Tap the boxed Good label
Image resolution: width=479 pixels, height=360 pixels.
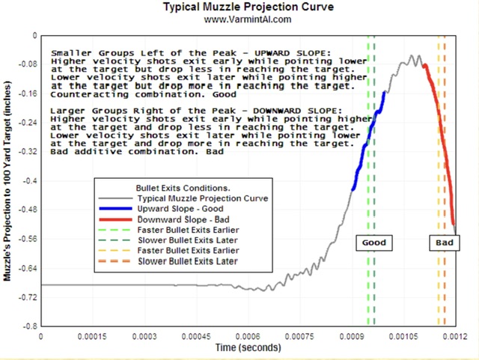[374, 243]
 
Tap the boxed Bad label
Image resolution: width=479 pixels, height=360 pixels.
[444, 243]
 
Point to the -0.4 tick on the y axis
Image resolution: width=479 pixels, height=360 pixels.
[30, 181]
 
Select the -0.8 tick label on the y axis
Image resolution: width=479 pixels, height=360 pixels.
[30, 327]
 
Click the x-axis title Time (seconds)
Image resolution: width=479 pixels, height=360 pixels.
[248, 348]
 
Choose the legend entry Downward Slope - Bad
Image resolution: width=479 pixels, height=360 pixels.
[180, 220]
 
